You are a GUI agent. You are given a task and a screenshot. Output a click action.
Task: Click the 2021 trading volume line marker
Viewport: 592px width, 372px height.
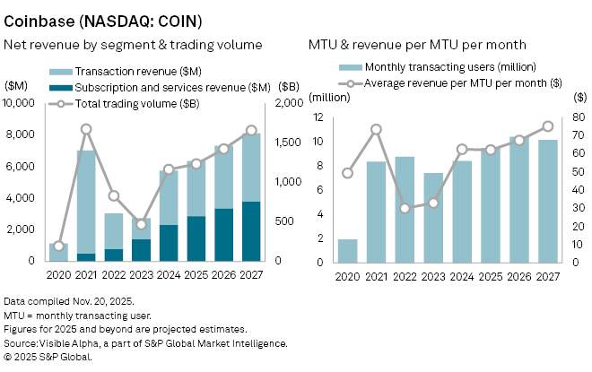86,129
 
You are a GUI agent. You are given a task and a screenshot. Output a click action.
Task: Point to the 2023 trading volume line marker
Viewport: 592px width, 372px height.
141,223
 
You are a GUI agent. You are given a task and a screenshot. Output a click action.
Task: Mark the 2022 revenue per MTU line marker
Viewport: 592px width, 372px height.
404,208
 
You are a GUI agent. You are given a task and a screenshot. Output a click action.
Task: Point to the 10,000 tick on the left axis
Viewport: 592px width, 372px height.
21,103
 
